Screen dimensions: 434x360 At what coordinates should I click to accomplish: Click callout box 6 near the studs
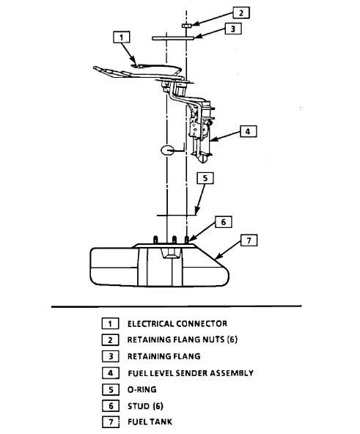pos(224,221)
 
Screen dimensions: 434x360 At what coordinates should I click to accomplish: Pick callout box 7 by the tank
pos(249,240)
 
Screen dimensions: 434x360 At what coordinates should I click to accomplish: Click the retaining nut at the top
pos(188,25)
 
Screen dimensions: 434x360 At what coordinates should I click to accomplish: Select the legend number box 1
pos(109,323)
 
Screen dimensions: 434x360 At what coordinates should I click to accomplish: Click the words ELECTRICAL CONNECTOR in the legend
pos(177,323)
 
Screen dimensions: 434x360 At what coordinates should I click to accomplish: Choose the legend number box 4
pos(109,373)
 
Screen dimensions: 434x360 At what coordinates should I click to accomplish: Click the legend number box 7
pos(109,422)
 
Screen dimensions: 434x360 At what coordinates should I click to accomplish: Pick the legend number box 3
pos(109,356)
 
